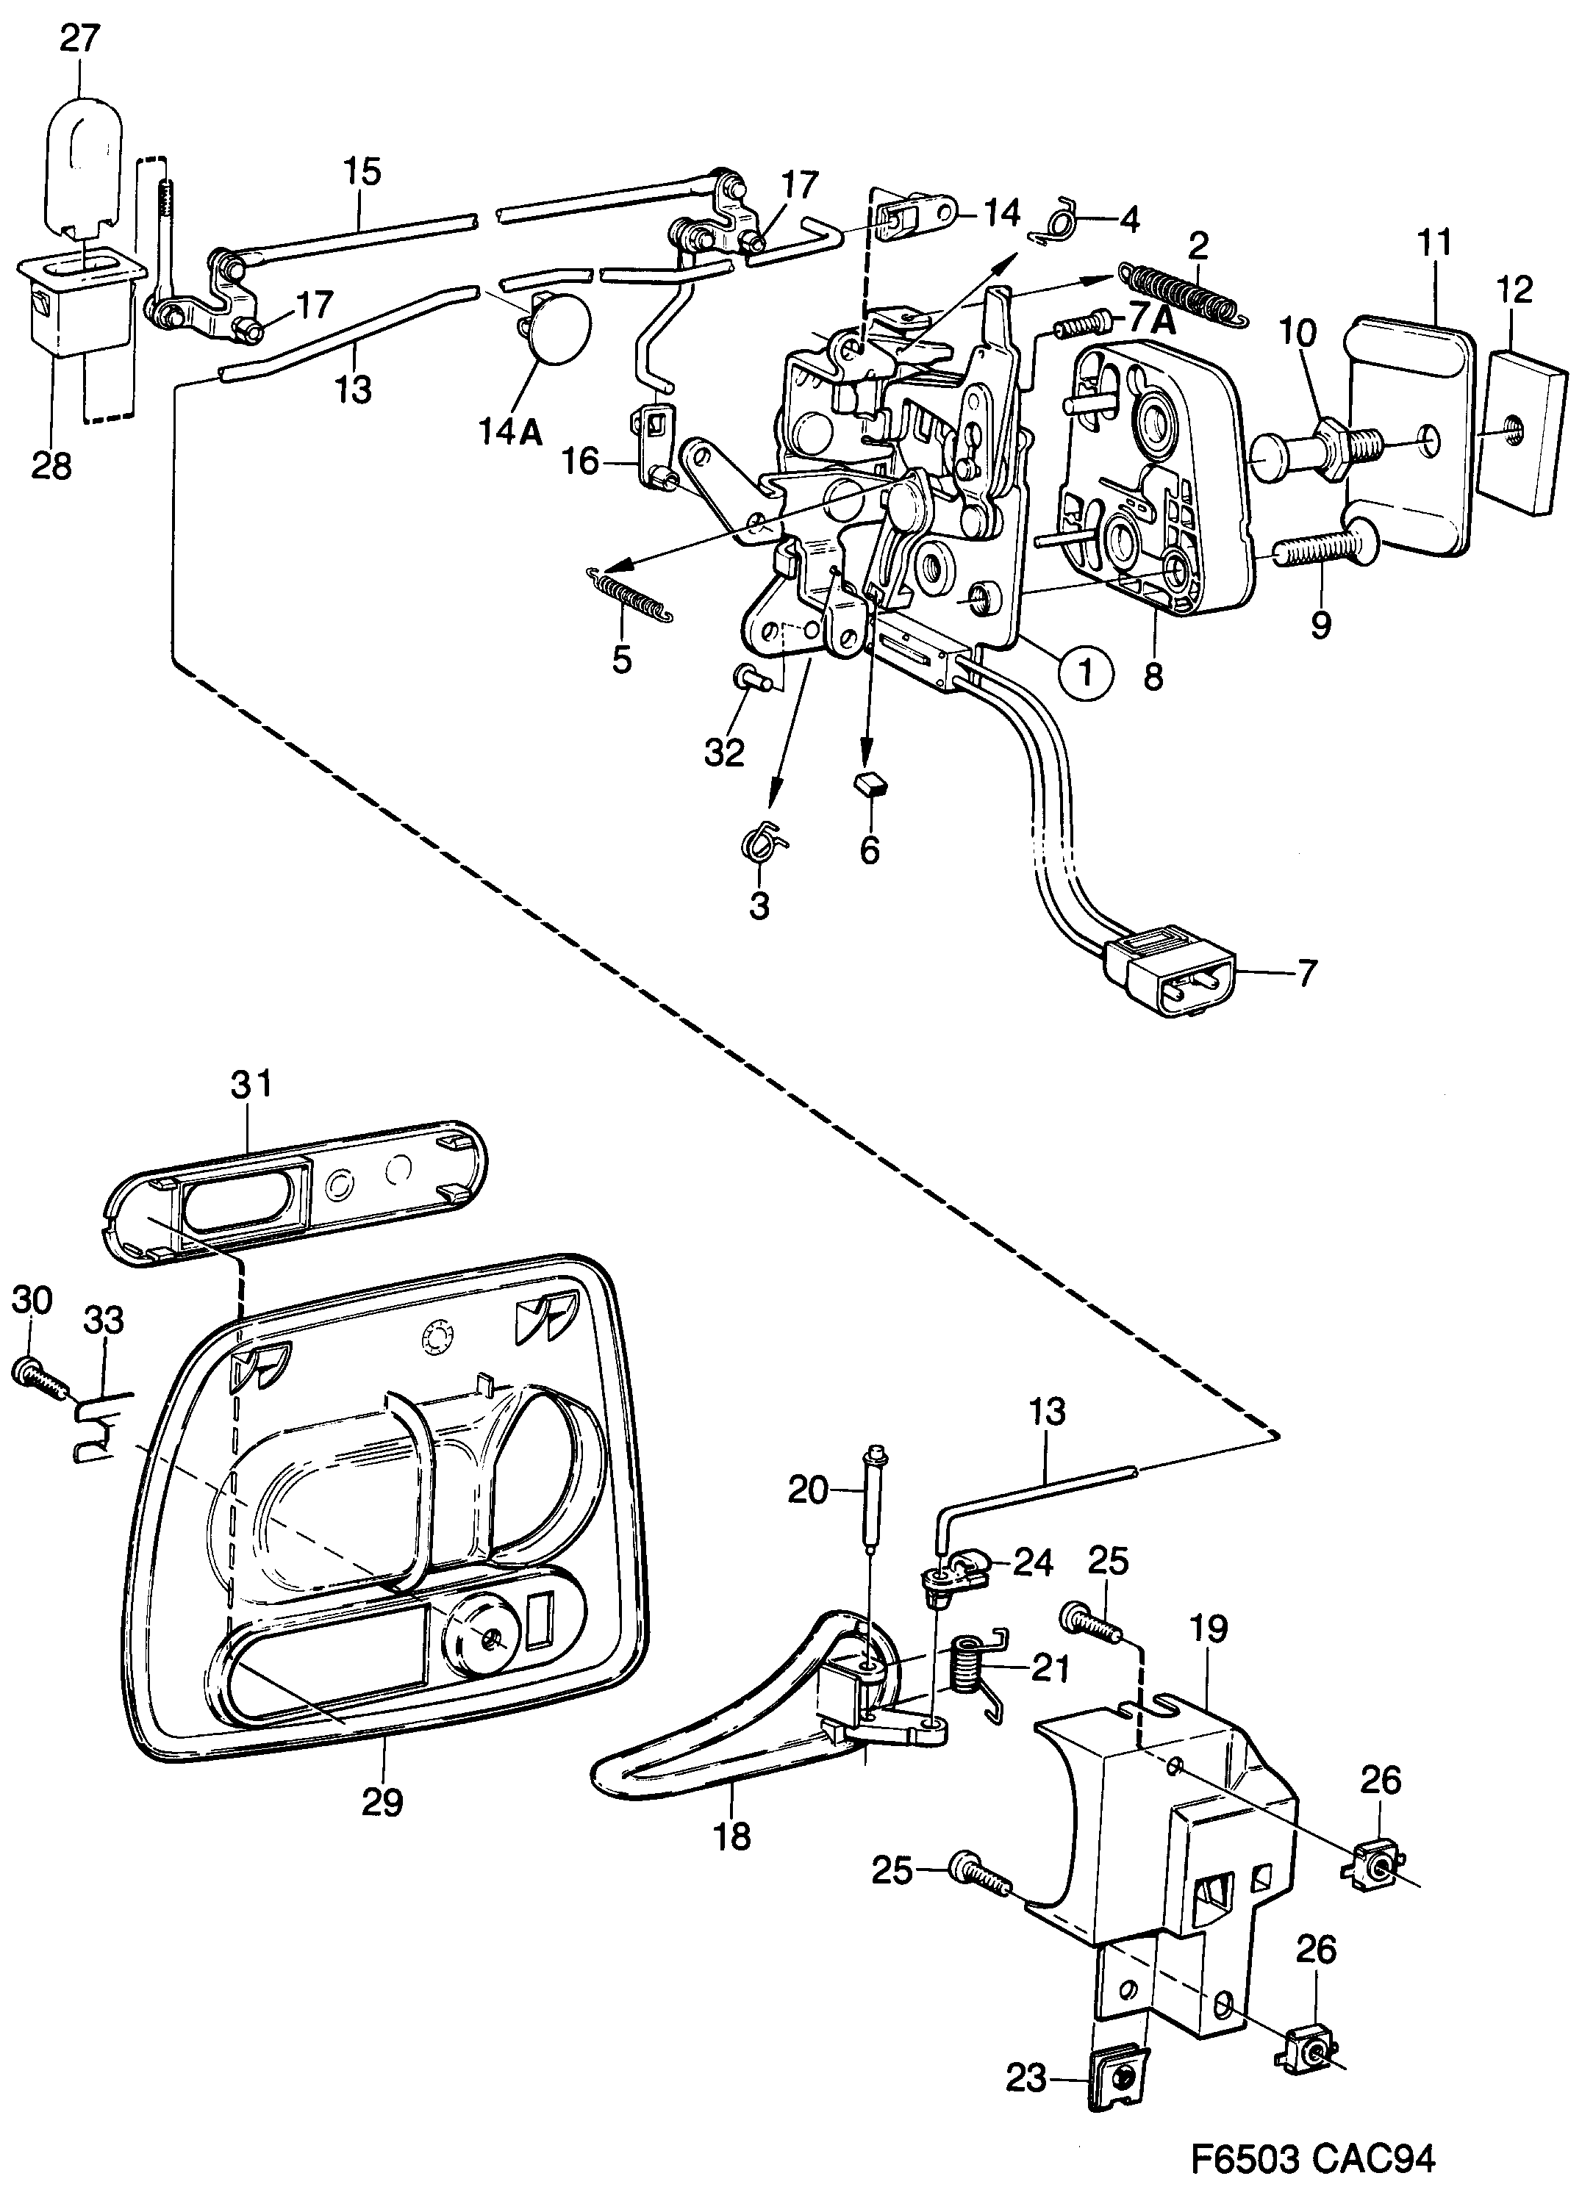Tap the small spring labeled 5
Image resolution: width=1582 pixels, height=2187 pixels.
pyautogui.click(x=631, y=597)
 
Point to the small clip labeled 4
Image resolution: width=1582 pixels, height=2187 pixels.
pyautogui.click(x=1059, y=223)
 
